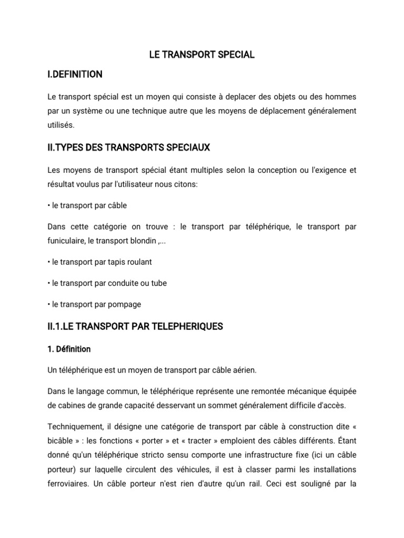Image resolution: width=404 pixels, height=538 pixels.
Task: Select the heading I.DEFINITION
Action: [75, 75]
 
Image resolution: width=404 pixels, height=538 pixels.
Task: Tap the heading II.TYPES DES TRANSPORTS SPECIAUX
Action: [128, 148]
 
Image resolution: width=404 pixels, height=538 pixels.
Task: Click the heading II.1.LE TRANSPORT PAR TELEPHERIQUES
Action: [135, 327]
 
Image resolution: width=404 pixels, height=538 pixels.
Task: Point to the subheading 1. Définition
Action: [69, 349]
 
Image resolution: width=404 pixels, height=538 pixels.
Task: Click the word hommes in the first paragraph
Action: [340, 97]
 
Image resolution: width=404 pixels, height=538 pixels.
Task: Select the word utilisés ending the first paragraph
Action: [61, 126]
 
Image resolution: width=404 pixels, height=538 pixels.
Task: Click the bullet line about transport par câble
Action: [87, 205]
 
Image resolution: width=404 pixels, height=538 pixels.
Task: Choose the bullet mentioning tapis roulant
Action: [99, 262]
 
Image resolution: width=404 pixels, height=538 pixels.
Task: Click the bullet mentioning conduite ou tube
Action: [107, 283]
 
